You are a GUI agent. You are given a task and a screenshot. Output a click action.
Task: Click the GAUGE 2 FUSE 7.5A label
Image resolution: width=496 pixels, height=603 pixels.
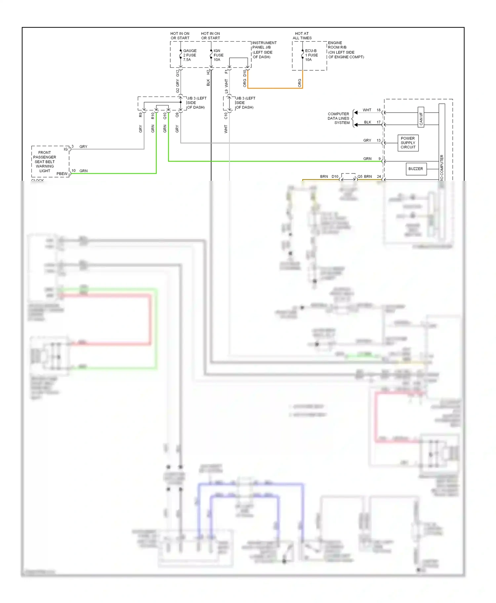(189, 55)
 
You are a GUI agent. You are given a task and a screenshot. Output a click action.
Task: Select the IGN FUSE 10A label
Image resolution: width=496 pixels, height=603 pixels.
(218, 55)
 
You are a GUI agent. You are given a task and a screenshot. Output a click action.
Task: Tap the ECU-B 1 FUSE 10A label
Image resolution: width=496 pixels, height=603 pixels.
(311, 55)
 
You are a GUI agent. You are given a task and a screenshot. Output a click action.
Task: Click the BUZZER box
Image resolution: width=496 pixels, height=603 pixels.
(416, 169)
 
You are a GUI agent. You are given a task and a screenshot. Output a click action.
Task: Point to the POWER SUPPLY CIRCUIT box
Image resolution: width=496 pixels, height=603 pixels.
(408, 143)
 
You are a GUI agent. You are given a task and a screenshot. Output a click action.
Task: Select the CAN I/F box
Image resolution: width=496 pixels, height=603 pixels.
(421, 117)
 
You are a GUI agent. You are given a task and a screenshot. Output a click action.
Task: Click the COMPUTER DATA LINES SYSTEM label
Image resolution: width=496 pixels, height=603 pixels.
(338, 118)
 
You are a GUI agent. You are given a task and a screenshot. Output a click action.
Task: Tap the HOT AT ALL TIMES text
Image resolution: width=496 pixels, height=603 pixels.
(302, 36)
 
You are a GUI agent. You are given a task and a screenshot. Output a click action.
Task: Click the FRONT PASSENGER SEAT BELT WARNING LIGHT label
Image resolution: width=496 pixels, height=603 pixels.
(45, 162)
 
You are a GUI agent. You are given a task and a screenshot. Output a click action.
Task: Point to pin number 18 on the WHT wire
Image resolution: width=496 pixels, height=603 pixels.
(379, 110)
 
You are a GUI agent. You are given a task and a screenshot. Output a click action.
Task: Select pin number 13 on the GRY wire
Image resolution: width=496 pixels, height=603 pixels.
(379, 140)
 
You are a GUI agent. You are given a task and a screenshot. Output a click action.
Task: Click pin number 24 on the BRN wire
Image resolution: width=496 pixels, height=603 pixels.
(379, 176)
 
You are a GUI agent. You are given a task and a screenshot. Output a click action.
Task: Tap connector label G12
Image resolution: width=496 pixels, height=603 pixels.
(178, 73)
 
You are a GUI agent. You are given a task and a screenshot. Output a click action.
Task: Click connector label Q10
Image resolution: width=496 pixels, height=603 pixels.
(165, 116)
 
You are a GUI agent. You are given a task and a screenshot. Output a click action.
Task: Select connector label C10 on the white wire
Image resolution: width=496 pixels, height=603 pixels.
(226, 116)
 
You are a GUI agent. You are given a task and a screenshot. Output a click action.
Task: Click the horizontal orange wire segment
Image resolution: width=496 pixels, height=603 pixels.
(274, 88)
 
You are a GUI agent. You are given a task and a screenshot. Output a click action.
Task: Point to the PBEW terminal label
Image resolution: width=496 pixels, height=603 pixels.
(62, 174)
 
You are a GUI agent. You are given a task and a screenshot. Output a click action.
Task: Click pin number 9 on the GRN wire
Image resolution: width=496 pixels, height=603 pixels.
(380, 159)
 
